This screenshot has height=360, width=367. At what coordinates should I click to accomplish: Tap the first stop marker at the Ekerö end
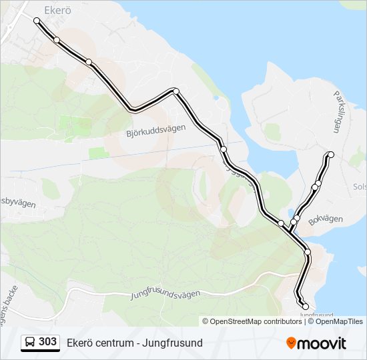pos(37,21)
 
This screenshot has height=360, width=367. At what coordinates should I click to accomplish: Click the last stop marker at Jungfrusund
pos(306,307)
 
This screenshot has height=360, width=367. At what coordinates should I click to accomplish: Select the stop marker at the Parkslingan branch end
pos(330,155)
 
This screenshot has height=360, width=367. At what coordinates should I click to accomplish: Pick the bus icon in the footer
pos(30,343)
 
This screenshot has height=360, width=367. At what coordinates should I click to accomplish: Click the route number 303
pos(48,342)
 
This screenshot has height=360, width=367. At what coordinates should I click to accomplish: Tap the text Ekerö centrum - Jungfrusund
pos(134,343)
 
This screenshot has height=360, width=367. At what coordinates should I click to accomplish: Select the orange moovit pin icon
pos(291,343)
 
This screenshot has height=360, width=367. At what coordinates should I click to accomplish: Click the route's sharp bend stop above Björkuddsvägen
pos(175,91)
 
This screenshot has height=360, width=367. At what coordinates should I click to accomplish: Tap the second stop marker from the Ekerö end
pos(57,40)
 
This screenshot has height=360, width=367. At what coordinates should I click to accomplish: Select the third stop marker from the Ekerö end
pos(89,62)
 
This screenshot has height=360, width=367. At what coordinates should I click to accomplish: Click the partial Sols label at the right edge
pos(359,187)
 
